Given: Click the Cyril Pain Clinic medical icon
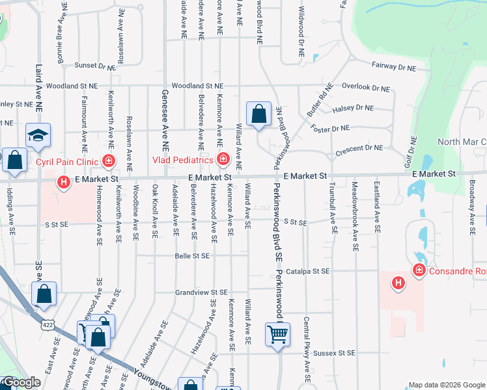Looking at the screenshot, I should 109,161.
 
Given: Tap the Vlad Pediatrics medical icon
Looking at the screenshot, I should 223,159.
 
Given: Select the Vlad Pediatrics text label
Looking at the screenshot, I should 183,160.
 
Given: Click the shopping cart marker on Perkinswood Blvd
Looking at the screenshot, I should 277,335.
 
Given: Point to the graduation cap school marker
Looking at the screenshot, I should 38,136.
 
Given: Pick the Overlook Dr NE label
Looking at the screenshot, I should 365,87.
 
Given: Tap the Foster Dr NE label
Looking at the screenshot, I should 330,128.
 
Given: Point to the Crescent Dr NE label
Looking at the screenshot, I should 359,149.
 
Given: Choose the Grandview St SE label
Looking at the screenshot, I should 201,292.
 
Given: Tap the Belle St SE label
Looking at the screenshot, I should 192,256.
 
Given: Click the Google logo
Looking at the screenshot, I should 21,382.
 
